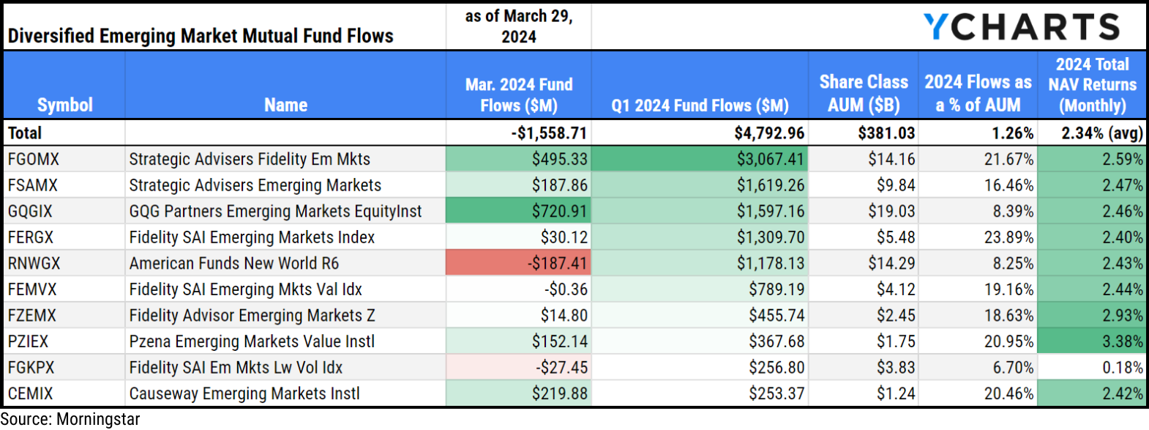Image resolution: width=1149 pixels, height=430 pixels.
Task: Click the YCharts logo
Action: [x=1022, y=27]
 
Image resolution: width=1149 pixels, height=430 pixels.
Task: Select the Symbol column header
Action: [x=64, y=105]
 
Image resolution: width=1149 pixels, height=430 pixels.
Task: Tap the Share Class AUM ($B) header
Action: [x=864, y=94]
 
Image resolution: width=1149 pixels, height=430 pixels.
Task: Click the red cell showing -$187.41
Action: [x=518, y=263]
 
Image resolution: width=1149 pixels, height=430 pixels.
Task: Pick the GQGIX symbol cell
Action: [x=31, y=212]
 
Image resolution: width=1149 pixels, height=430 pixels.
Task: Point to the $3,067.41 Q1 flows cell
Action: [x=699, y=159]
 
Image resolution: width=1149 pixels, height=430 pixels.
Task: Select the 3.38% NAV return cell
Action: [x=1091, y=341]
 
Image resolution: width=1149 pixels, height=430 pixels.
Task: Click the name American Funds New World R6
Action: [x=234, y=263]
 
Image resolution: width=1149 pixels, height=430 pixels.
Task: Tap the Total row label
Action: [x=25, y=133]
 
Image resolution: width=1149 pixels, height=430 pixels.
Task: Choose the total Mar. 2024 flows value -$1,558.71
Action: [x=549, y=133]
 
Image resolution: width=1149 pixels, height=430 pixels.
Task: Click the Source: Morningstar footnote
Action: [x=70, y=420]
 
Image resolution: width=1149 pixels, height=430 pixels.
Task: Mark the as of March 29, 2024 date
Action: [x=518, y=26]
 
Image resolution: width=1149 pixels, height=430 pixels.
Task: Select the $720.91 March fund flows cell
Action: [x=518, y=212]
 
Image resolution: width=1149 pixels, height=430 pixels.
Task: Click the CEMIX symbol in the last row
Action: [x=31, y=394]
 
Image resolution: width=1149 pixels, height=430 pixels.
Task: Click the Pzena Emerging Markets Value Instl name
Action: [x=252, y=342]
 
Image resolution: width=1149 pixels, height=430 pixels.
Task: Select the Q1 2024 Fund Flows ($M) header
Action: [x=700, y=105]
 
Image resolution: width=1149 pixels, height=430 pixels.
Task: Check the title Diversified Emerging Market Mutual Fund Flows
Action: [x=201, y=36]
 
